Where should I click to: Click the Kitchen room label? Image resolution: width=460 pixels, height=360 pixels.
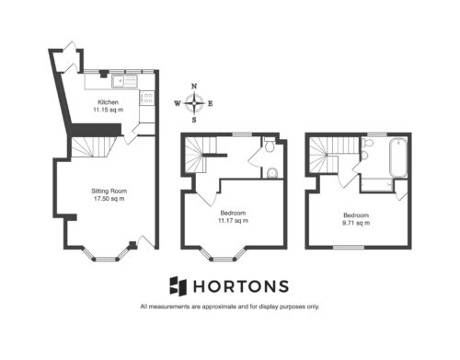(x=108, y=102)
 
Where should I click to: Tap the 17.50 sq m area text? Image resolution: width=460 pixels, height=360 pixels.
(x=109, y=199)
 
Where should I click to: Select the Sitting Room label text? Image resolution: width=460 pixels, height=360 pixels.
(x=109, y=191)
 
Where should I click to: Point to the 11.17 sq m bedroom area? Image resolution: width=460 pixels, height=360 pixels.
(x=233, y=221)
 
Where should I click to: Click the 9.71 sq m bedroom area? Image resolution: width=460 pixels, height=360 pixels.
(x=356, y=223)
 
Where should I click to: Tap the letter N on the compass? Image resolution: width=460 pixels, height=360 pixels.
(x=194, y=87)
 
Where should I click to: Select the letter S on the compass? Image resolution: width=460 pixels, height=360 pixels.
(x=194, y=120)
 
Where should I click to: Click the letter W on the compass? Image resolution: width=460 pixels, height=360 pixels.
(x=178, y=103)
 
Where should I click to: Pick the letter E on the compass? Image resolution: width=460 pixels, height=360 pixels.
(x=211, y=104)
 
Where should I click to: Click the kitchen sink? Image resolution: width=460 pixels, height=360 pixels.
(x=124, y=81)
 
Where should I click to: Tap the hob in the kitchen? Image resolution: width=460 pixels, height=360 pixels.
(x=146, y=98)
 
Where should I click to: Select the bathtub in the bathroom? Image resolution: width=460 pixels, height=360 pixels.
(x=398, y=157)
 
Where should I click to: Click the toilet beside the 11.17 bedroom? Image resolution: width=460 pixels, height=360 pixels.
(x=270, y=145)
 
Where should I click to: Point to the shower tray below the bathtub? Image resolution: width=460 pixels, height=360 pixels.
(x=377, y=185)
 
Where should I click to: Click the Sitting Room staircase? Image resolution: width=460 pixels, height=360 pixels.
(x=93, y=147)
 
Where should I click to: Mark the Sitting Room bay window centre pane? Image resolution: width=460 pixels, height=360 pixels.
(x=106, y=260)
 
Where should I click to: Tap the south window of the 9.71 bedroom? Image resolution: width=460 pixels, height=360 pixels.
(x=349, y=247)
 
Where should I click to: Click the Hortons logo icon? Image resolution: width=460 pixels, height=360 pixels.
(x=178, y=286)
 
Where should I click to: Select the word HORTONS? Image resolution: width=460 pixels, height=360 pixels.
(x=241, y=286)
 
